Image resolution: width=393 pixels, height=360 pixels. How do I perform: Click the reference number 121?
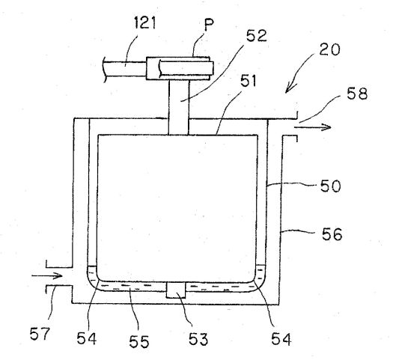(x=145, y=22)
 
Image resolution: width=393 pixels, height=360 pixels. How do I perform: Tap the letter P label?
(x=209, y=25)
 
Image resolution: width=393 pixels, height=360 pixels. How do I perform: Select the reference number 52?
(x=257, y=36)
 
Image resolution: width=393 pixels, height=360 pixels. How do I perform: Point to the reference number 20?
(x=329, y=49)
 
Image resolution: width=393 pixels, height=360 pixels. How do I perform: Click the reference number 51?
(x=249, y=81)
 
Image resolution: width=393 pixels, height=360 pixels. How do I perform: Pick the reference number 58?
(x=357, y=94)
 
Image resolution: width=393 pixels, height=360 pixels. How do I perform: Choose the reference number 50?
(x=331, y=186)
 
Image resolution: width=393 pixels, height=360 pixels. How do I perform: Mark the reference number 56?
(x=332, y=234)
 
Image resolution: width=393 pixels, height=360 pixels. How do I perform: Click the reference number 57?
(x=40, y=334)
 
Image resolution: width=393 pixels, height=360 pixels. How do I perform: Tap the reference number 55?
(x=139, y=341)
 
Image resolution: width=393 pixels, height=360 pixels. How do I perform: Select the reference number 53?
(x=198, y=339)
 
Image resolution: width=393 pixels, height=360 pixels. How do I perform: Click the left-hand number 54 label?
(x=87, y=338)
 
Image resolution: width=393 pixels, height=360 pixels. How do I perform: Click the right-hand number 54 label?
(x=281, y=339)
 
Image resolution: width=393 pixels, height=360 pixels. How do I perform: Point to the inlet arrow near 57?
(x=47, y=276)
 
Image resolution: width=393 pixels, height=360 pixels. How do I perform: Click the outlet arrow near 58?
(x=313, y=127)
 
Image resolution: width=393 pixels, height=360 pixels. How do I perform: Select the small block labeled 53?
(x=176, y=290)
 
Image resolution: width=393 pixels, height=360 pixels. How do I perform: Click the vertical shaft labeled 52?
(x=178, y=107)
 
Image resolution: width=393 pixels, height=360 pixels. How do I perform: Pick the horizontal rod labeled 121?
(x=125, y=69)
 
